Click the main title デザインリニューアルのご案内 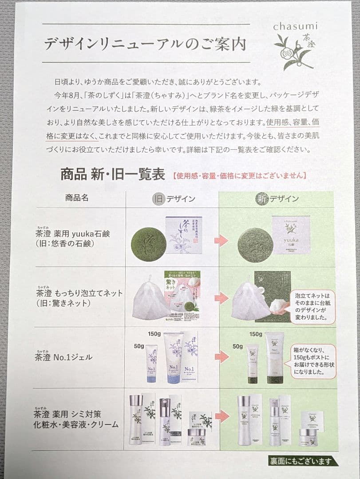pos(145,44)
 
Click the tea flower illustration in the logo pos(290,51)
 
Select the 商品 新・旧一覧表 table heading pos(113,174)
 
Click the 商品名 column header pos(77,198)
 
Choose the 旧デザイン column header pos(173,199)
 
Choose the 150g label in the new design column pos(256,334)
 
